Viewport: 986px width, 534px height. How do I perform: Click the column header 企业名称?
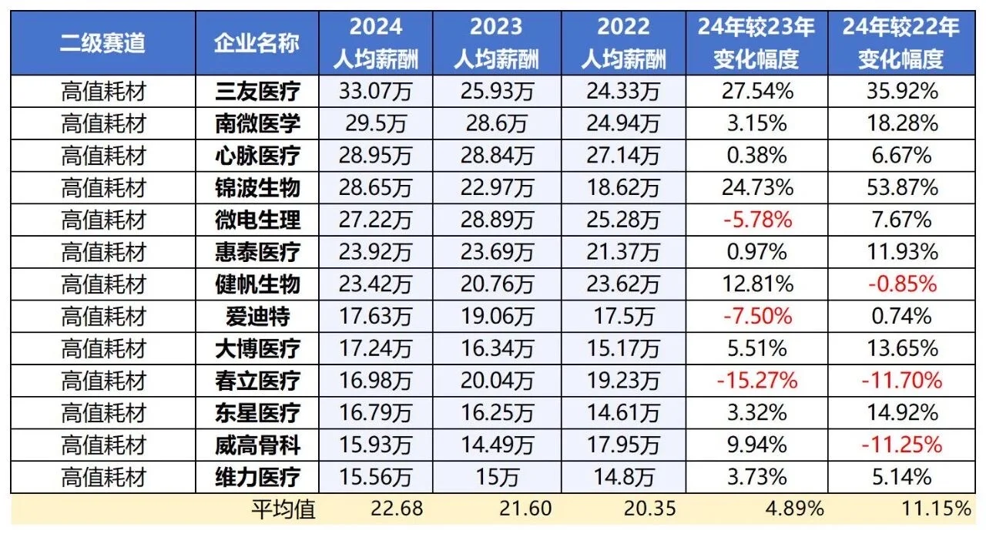(x=257, y=42)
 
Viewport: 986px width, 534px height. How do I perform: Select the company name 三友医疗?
(x=257, y=92)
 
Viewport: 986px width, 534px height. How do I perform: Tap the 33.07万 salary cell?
(x=375, y=92)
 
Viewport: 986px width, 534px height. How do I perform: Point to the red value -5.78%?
(x=756, y=220)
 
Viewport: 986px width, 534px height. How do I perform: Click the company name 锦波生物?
(x=257, y=187)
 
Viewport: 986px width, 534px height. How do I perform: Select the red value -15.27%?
(x=756, y=380)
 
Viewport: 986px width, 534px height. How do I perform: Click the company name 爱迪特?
(x=257, y=316)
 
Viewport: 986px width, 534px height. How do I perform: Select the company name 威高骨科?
(x=257, y=445)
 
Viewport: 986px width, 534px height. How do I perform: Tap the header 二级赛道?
(x=102, y=42)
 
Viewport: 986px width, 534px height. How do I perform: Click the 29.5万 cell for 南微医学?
(x=375, y=123)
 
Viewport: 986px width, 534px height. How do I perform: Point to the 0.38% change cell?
(x=756, y=156)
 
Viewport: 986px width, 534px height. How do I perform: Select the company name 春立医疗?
(x=257, y=380)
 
